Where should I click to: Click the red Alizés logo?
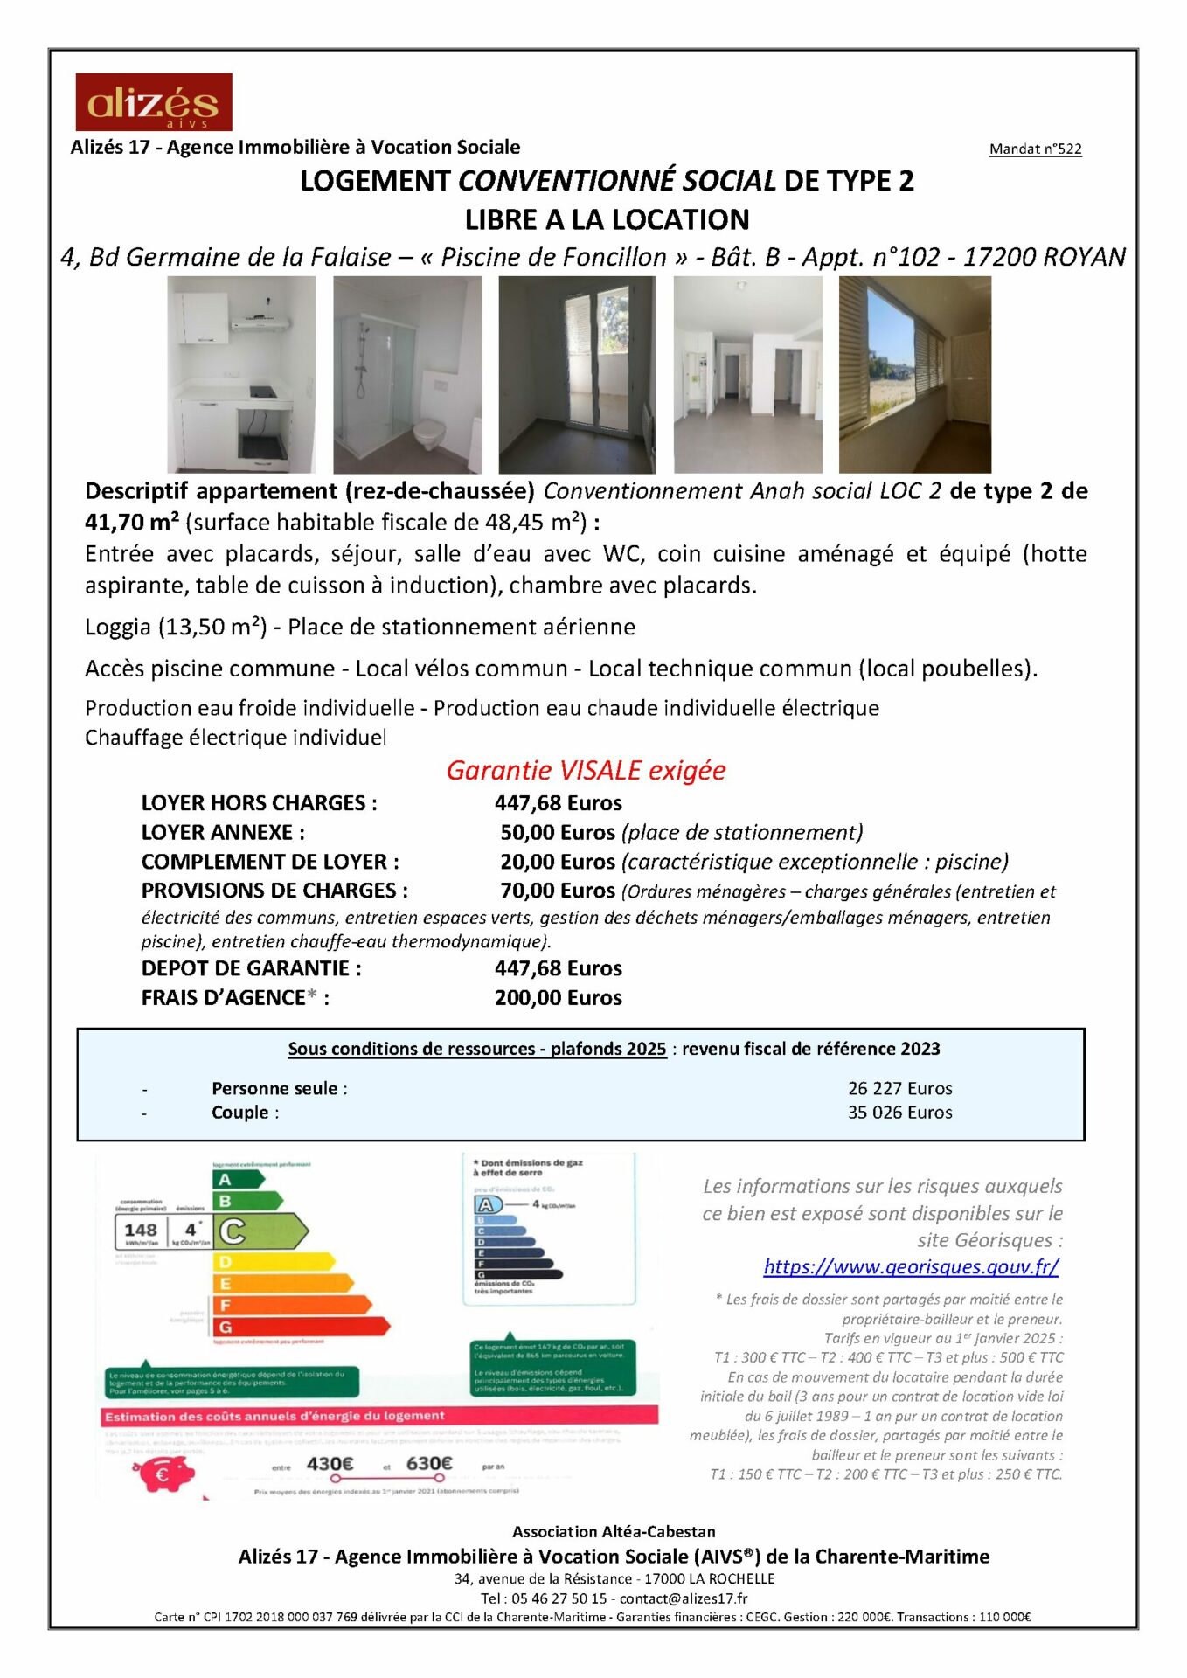coord(154,102)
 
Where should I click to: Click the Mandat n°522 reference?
coord(1035,149)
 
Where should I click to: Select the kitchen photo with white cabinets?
coord(241,374)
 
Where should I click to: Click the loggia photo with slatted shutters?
coord(914,374)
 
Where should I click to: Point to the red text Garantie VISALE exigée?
coord(586,770)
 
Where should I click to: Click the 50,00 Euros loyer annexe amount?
coord(558,832)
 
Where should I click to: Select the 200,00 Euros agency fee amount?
coord(558,997)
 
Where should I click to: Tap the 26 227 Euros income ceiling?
coord(899,1088)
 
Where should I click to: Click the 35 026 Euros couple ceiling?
coord(899,1112)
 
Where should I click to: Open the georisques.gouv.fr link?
coord(911,1266)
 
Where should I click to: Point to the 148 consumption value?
coord(141,1230)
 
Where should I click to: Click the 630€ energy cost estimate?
coord(429,1463)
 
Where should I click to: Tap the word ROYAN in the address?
coord(1083,257)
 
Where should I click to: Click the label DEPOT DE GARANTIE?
coord(251,968)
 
